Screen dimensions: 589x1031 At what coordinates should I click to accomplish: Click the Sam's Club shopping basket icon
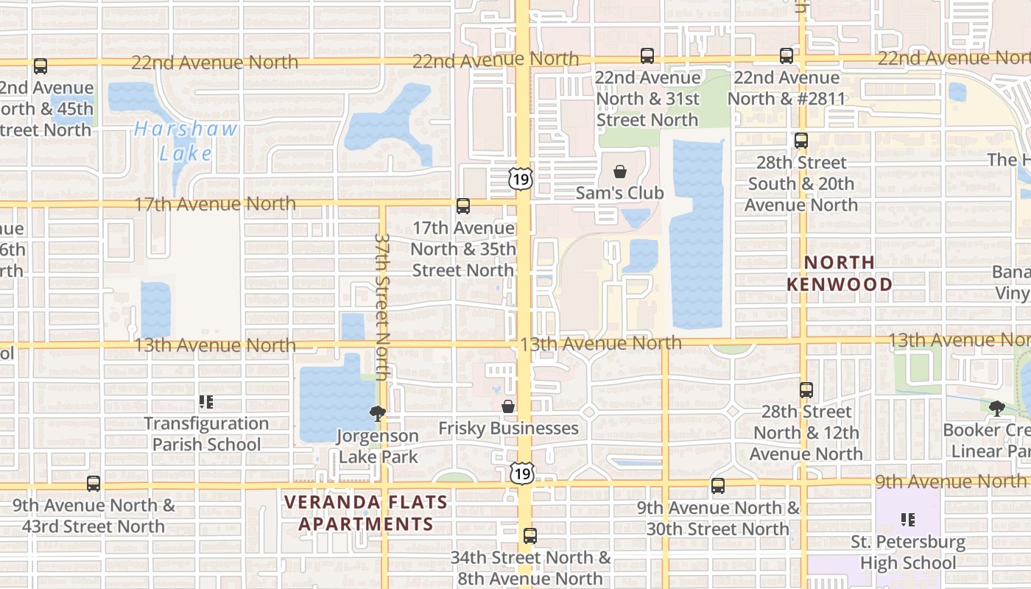pyautogui.click(x=621, y=172)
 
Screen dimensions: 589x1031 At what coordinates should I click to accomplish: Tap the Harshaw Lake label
pyautogui.click(x=186, y=141)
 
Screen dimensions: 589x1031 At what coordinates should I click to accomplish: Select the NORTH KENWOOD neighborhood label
pyautogui.click(x=840, y=273)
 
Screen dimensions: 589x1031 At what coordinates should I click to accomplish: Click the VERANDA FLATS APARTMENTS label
pyautogui.click(x=365, y=513)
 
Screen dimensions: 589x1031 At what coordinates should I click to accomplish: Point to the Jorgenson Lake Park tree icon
pyautogui.click(x=378, y=414)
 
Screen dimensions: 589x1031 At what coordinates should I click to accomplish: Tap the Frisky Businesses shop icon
pyautogui.click(x=508, y=406)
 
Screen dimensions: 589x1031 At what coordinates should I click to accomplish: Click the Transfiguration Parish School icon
pyautogui.click(x=206, y=402)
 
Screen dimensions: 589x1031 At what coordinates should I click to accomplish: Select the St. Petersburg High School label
pyautogui.click(x=908, y=552)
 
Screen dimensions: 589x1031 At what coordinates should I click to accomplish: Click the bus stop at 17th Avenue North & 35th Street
pyautogui.click(x=463, y=206)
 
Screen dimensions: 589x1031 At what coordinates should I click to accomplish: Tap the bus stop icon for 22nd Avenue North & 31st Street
pyautogui.click(x=647, y=56)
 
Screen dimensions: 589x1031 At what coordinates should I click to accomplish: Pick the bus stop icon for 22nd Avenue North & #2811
pyautogui.click(x=787, y=56)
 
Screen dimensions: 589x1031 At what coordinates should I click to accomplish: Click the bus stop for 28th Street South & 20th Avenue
pyautogui.click(x=801, y=141)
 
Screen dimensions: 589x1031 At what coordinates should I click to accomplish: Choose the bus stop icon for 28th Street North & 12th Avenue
pyautogui.click(x=806, y=390)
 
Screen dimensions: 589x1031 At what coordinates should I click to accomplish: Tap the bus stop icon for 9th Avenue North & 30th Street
pyautogui.click(x=718, y=486)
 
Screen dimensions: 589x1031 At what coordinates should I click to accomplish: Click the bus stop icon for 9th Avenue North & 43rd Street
pyautogui.click(x=94, y=484)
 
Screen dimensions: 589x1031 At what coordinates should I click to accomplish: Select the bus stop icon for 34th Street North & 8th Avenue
pyautogui.click(x=530, y=536)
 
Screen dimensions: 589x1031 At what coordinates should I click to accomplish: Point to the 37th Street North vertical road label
pyautogui.click(x=381, y=306)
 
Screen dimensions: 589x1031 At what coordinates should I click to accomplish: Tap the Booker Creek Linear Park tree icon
pyautogui.click(x=997, y=408)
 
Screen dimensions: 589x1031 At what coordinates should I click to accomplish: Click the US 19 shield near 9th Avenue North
pyautogui.click(x=522, y=473)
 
